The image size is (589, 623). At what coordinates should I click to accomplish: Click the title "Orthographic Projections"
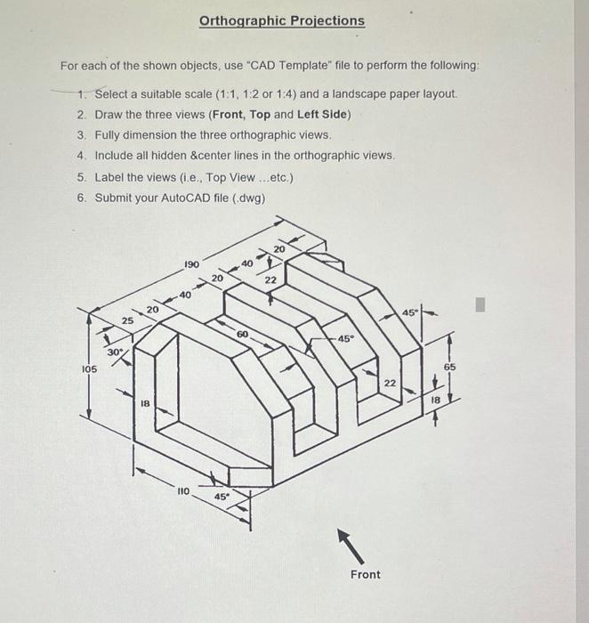[x=281, y=20]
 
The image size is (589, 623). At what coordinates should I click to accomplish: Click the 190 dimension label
[x=191, y=264]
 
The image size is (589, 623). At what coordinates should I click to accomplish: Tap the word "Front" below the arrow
[x=365, y=574]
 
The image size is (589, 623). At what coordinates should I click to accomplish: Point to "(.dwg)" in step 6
[x=248, y=198]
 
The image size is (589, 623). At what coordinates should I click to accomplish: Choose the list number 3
[x=81, y=135]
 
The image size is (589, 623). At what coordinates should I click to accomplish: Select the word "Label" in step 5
[x=109, y=177]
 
